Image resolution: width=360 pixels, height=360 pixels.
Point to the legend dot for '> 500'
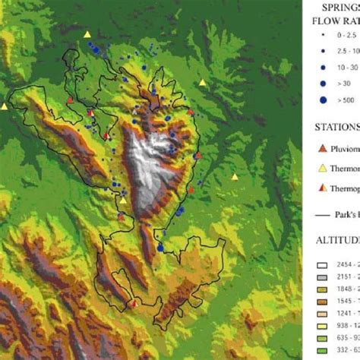pyautogui.click(x=323, y=99)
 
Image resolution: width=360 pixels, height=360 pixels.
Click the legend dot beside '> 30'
pyautogui.click(x=323, y=83)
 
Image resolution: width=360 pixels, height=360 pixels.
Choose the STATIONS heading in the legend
pyautogui.click(x=338, y=127)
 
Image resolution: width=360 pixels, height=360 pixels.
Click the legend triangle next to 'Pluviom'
pyautogui.click(x=322, y=147)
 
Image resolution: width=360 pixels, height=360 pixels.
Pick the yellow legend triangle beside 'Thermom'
pyautogui.click(x=322, y=168)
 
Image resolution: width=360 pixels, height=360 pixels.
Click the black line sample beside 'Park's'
pyautogui.click(x=322, y=215)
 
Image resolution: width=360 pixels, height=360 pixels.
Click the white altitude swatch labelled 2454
pyautogui.click(x=323, y=264)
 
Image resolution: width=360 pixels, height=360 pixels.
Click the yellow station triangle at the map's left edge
pyautogui.click(x=5, y=106)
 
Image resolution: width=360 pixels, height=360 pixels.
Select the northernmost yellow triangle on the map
pyautogui.click(x=87, y=34)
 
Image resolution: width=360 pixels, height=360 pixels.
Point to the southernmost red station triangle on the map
pyautogui.click(x=134, y=303)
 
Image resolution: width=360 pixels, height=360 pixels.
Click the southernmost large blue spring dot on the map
pyautogui.click(x=160, y=248)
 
